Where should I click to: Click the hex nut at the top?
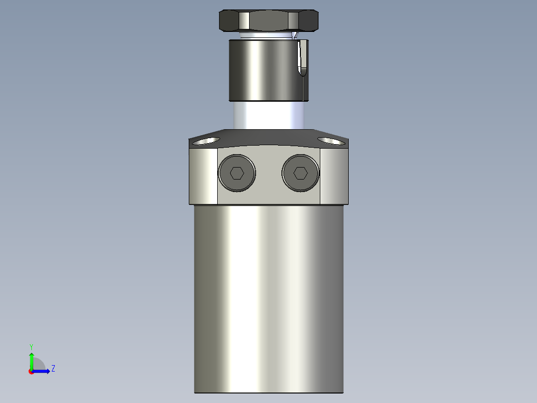pyautogui.click(x=269, y=20)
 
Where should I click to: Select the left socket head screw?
pyautogui.click(x=237, y=173)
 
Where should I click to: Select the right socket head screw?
pyautogui.click(x=300, y=173)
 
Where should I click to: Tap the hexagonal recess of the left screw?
pyautogui.click(x=237, y=173)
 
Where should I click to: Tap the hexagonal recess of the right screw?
pyautogui.click(x=300, y=173)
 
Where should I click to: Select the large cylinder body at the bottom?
pyautogui.click(x=268, y=299)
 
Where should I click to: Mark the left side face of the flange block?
pyautogui.click(x=203, y=177)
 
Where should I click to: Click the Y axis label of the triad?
pyautogui.click(x=31, y=346)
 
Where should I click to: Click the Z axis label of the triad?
pyautogui.click(x=53, y=369)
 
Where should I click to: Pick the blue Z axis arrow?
pyautogui.click(x=42, y=371)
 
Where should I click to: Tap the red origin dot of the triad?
pyautogui.click(x=31, y=372)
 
